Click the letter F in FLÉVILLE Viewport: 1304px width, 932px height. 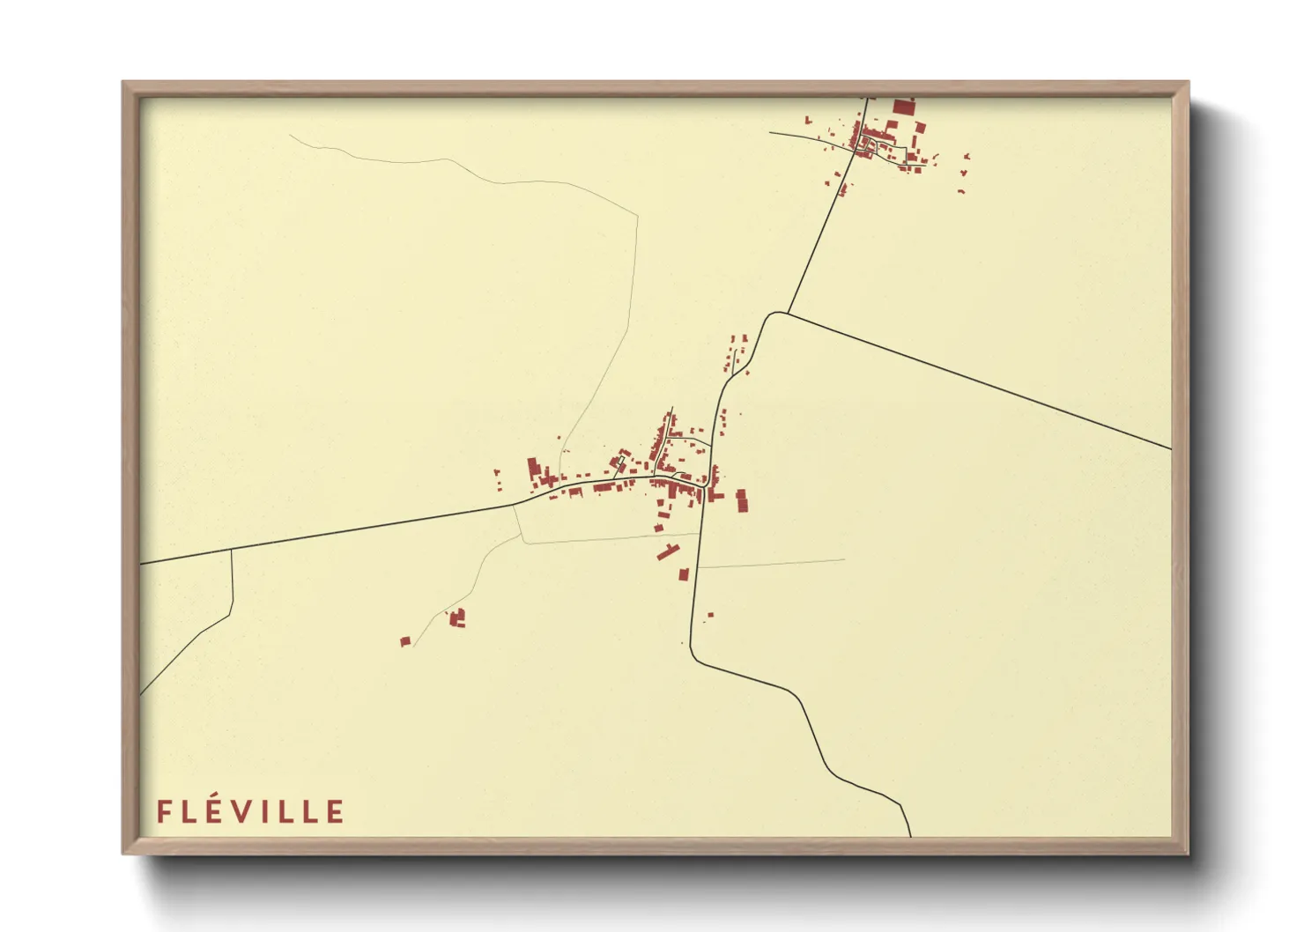click(163, 811)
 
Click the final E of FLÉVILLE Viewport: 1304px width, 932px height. click(336, 811)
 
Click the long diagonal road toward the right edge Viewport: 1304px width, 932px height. click(978, 381)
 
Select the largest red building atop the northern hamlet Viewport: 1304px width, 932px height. click(902, 107)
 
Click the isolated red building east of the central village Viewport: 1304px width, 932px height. click(742, 500)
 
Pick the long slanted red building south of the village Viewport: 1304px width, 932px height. click(668, 552)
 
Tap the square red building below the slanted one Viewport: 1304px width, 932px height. click(683, 574)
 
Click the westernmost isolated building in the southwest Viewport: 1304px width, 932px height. click(405, 641)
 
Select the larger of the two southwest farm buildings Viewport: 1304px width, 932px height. click(457, 618)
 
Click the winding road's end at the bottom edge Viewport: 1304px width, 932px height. click(909, 833)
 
